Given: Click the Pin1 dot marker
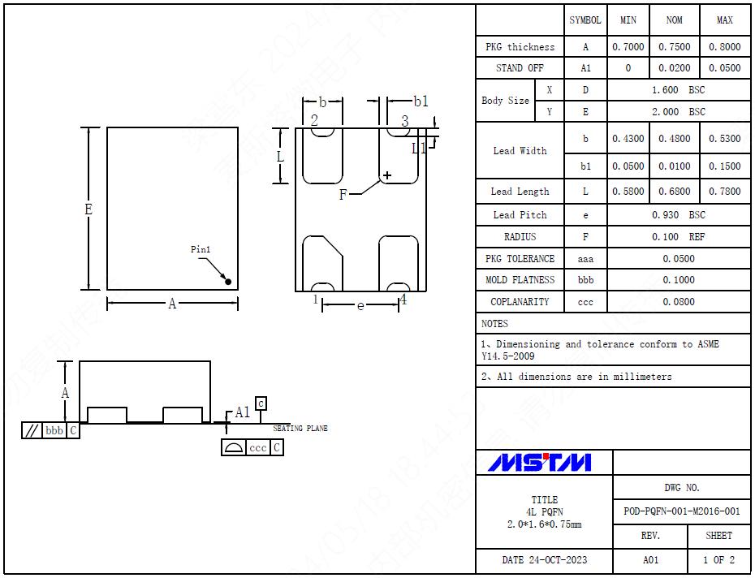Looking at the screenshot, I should click(x=228, y=282).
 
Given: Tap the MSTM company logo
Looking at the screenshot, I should click(x=540, y=463).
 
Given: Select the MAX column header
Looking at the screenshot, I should click(x=724, y=20).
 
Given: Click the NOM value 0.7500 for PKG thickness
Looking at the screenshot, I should click(x=674, y=47).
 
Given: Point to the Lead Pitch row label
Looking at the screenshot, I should click(x=520, y=215).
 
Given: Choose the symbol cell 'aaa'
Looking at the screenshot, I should click(x=585, y=259).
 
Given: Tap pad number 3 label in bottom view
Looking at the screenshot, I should click(x=404, y=122).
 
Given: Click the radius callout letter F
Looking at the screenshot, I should click(x=343, y=195).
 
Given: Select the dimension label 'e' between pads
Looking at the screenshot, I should click(x=360, y=305).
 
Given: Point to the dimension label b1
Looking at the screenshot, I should click(x=421, y=101).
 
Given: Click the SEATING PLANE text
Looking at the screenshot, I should click(x=300, y=429).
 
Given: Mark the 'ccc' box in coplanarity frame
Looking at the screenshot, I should click(x=257, y=447).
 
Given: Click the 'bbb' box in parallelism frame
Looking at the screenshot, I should click(x=54, y=430).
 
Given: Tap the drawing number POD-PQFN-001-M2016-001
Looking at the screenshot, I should click(x=682, y=511).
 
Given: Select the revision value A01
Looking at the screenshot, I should click(x=650, y=560).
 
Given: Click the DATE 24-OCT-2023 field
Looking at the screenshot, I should click(x=544, y=560).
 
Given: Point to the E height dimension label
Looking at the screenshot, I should click(x=88, y=209).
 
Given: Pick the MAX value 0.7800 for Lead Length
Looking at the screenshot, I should click(x=724, y=192).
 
